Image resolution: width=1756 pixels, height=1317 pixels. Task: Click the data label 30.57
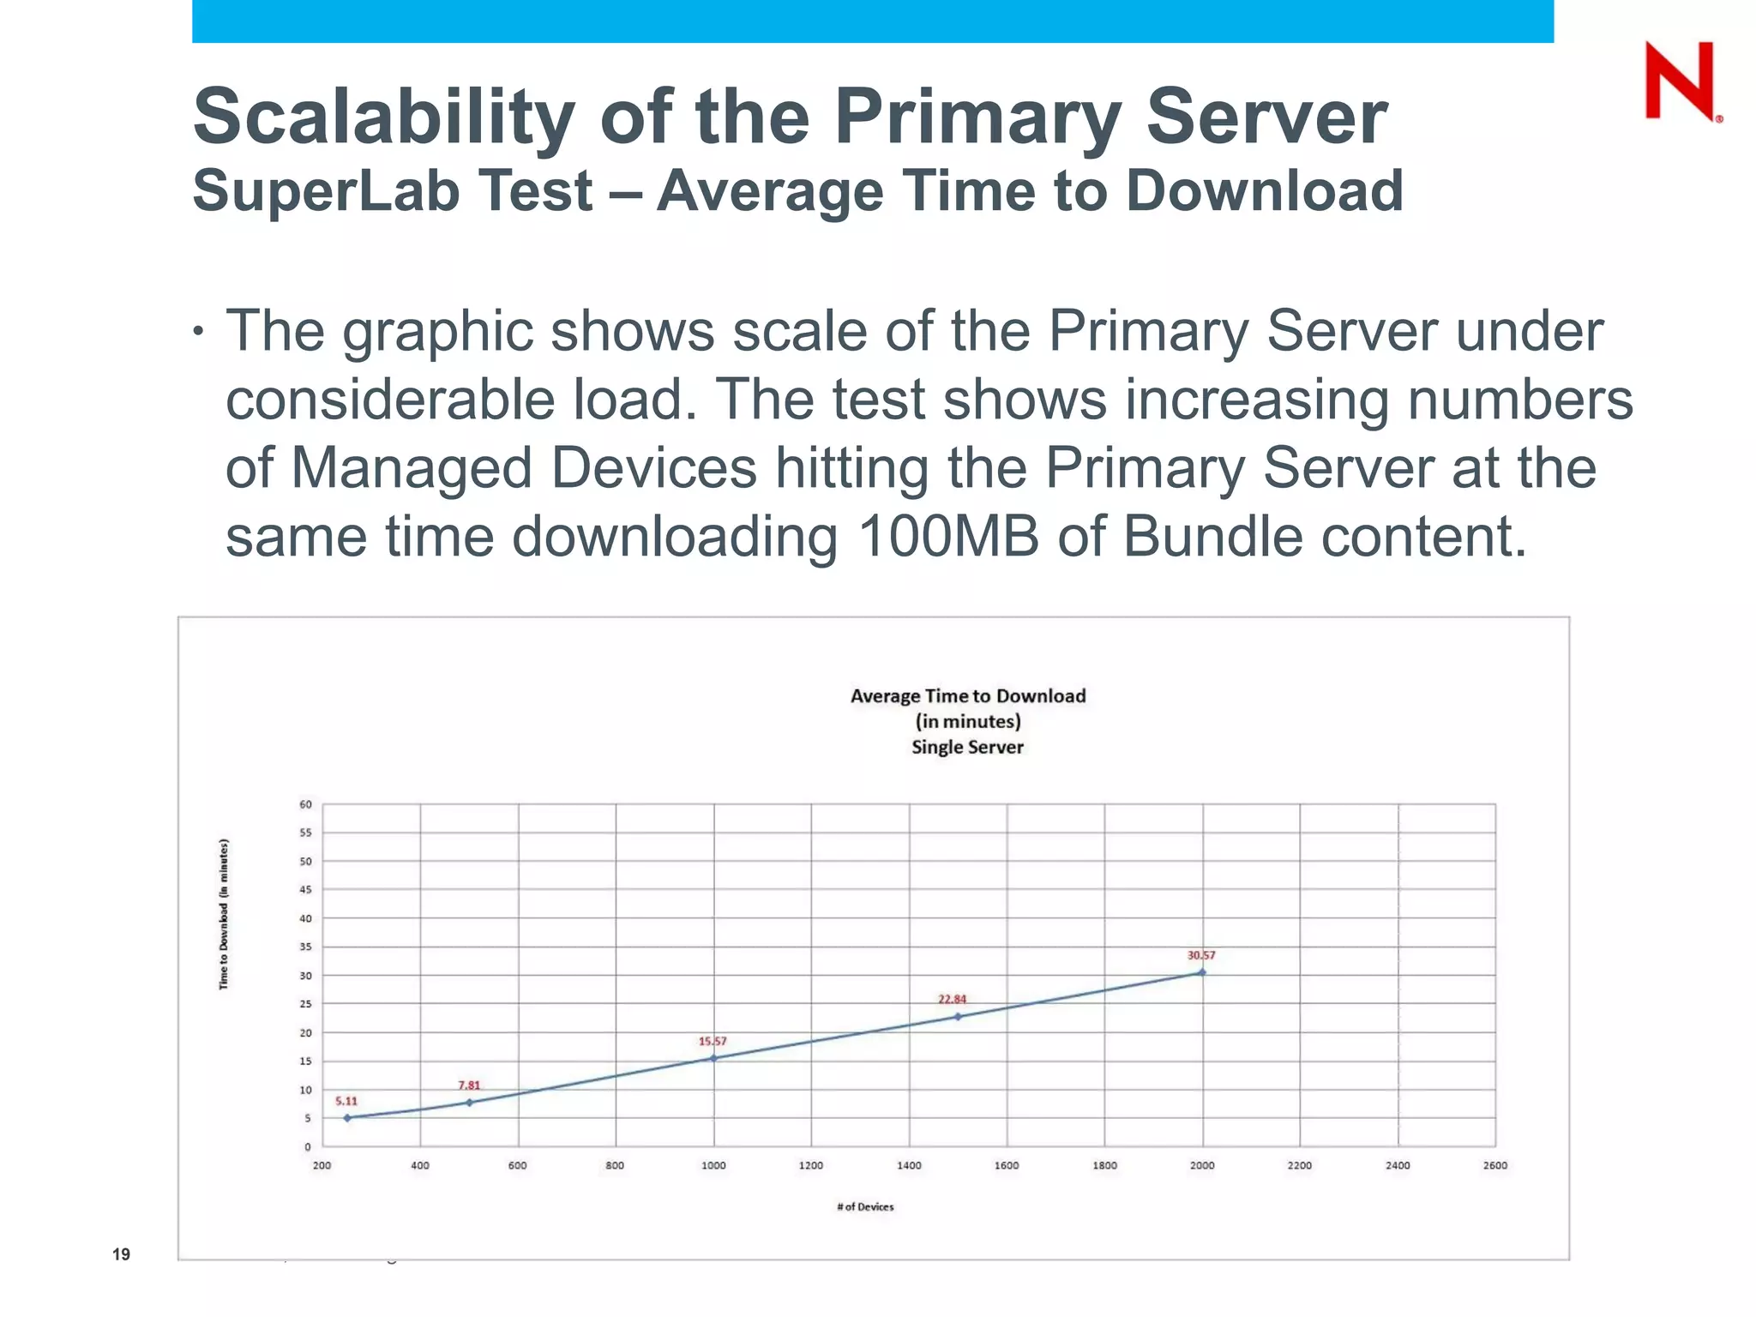[x=1200, y=955]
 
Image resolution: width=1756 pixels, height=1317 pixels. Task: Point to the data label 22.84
[x=952, y=999]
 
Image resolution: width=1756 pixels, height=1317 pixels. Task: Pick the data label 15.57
[x=712, y=1042]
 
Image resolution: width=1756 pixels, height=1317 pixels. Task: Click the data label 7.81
[x=469, y=1085]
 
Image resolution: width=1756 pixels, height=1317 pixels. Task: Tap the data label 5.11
[x=346, y=1101]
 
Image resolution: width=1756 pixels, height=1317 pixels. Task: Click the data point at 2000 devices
[x=1202, y=972]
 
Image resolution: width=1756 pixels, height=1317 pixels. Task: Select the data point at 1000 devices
[x=713, y=1058]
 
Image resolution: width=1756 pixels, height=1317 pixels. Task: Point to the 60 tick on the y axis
[x=306, y=804]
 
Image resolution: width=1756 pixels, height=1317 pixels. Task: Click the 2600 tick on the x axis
[x=1495, y=1165]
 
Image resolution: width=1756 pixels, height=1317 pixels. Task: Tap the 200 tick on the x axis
[x=322, y=1165]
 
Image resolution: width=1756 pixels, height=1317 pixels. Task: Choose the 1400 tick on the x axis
[x=909, y=1165]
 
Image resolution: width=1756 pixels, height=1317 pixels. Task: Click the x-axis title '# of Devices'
[x=865, y=1206]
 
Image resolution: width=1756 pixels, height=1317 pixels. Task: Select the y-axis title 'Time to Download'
[x=224, y=914]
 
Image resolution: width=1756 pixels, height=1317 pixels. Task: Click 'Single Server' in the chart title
[x=967, y=747]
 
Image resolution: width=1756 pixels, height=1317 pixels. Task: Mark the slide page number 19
[x=121, y=1254]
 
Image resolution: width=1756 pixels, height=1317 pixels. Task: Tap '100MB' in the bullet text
[x=947, y=538]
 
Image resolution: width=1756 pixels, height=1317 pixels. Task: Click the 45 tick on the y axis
[x=306, y=890]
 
